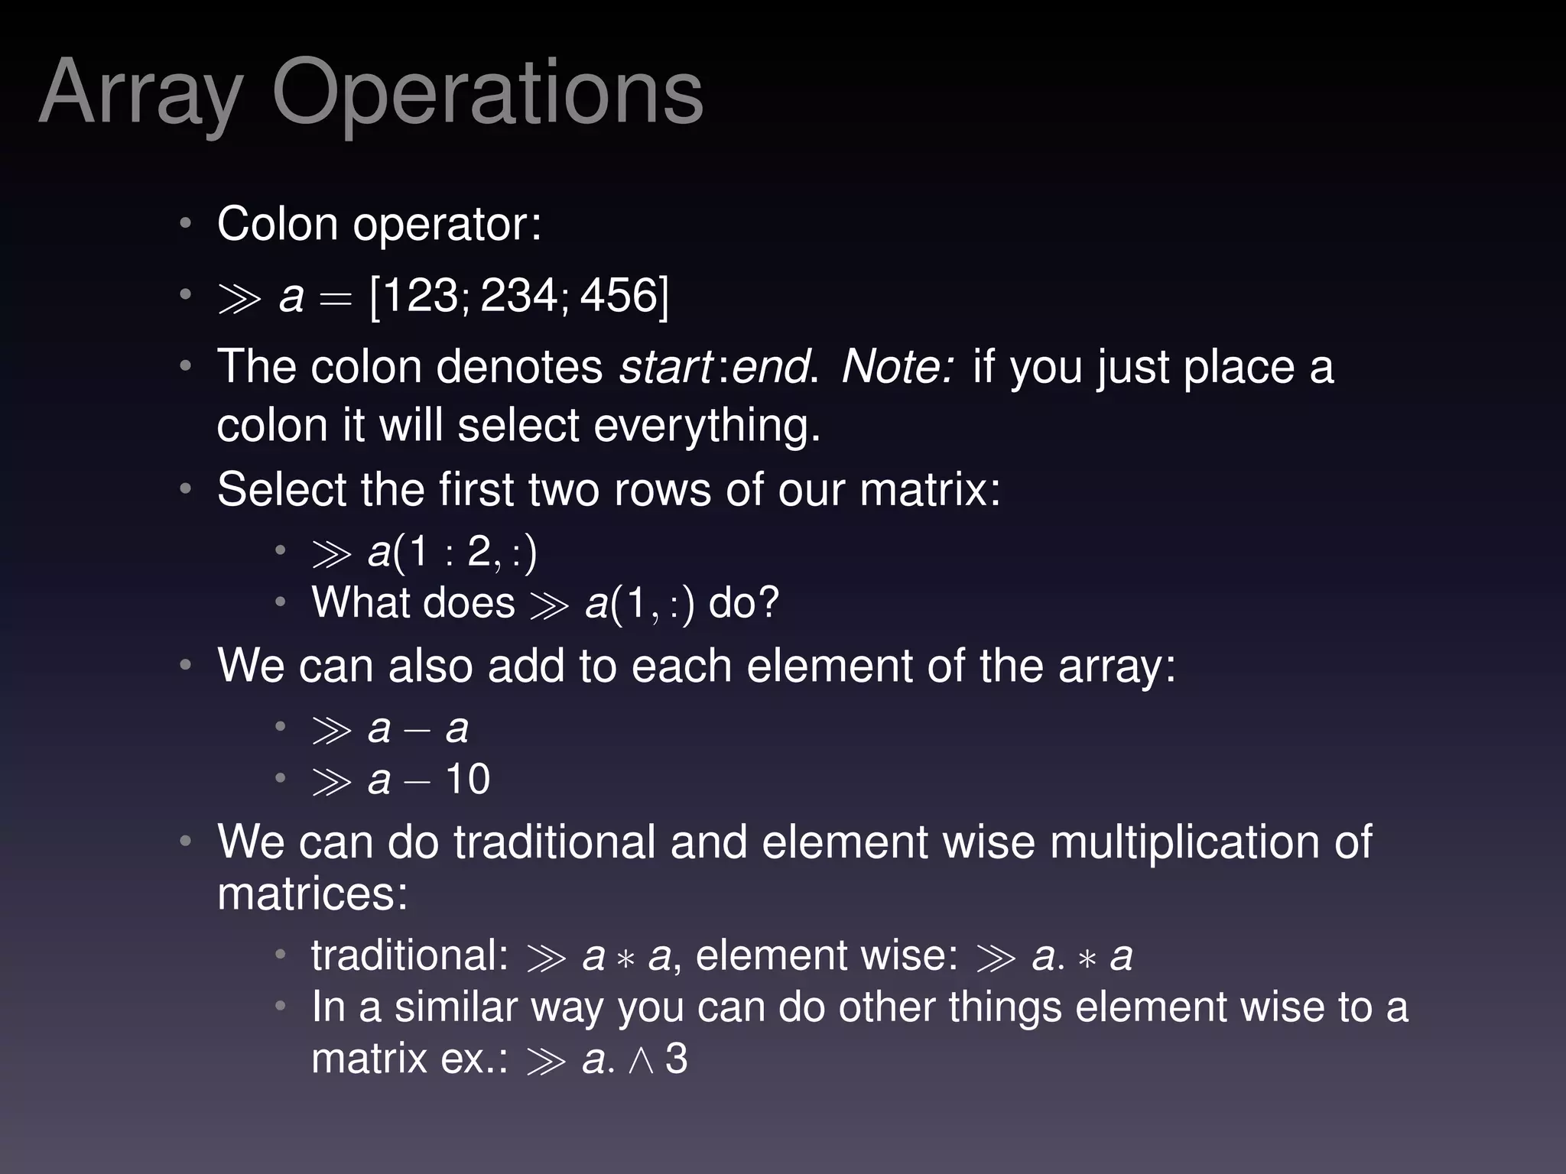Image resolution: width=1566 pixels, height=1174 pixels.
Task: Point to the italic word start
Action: (x=665, y=367)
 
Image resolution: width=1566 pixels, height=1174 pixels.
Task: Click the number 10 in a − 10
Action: (x=467, y=780)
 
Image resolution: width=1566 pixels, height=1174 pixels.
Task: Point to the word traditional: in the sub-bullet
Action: (x=410, y=955)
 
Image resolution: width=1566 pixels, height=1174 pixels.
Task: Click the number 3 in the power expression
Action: (x=676, y=1059)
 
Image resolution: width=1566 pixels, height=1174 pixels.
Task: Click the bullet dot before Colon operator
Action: (x=185, y=225)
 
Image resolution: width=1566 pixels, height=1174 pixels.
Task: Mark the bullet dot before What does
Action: (x=281, y=603)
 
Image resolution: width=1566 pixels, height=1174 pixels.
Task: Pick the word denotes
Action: (x=519, y=367)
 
